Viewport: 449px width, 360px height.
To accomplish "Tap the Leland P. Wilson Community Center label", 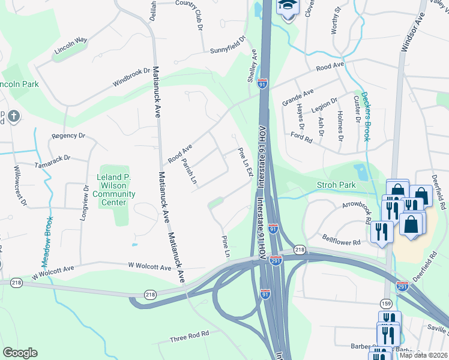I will click(x=115, y=190).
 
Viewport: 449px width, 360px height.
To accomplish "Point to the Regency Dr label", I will click(x=69, y=136).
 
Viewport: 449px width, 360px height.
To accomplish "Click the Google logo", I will click(x=20, y=353).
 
